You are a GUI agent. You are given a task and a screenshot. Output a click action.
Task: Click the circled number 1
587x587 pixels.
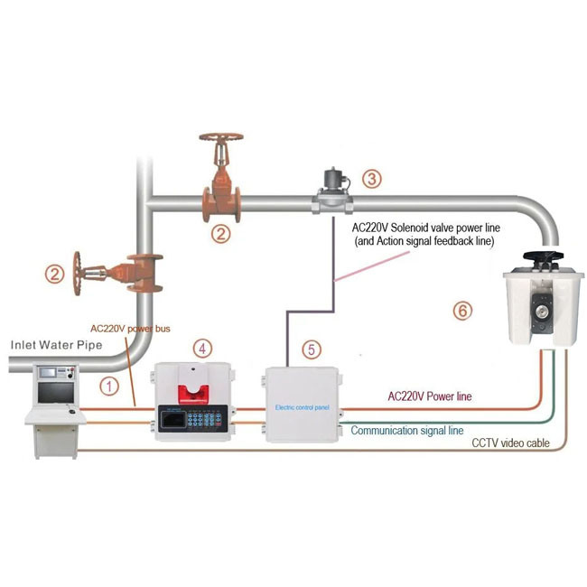(x=109, y=386)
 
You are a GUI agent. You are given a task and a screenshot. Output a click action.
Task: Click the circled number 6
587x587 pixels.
(x=461, y=311)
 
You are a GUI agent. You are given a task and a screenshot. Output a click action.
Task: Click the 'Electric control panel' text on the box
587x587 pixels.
(x=303, y=407)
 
